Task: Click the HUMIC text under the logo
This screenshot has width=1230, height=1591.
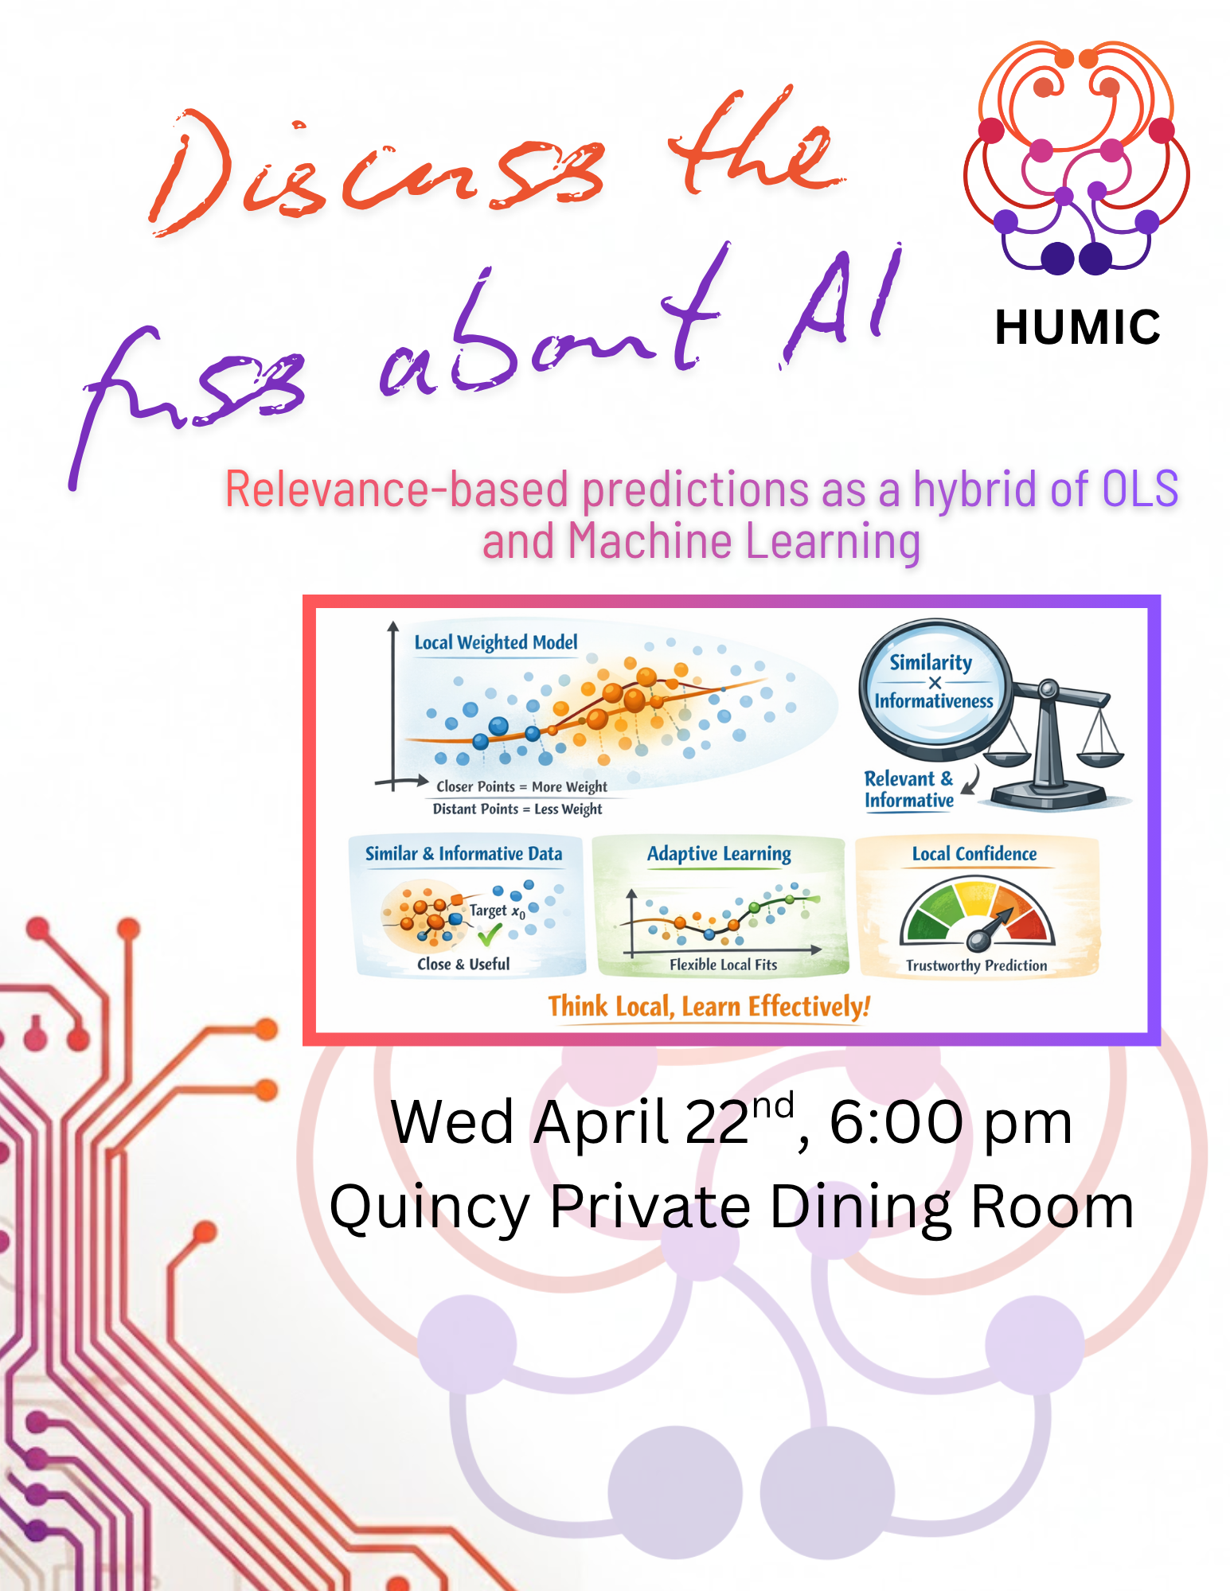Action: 1077,327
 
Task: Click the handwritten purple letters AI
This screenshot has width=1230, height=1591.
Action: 843,306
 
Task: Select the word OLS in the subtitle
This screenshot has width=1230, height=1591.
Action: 1139,489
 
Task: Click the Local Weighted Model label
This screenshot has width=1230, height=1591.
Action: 496,642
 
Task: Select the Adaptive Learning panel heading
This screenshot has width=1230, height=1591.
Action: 719,854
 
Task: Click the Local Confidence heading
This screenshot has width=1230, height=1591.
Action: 974,854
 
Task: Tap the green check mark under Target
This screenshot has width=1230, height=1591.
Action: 490,934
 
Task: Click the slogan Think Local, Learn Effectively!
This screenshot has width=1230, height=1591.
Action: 709,1007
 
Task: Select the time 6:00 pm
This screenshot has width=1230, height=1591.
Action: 951,1123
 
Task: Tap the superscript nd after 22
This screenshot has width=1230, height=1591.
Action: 773,1106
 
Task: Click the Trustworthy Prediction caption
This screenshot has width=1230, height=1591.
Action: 976,965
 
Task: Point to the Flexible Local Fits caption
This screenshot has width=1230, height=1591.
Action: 723,965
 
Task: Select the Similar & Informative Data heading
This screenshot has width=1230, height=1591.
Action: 463,854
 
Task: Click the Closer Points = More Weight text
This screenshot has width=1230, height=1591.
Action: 521,786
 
